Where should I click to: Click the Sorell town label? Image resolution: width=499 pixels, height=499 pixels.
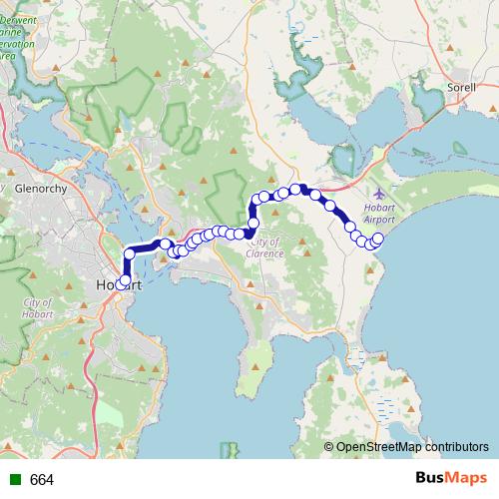462,88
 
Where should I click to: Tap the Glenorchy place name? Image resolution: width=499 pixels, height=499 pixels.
40,187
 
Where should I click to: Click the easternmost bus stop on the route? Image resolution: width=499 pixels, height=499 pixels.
377,238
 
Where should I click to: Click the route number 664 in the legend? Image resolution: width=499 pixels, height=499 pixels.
42,480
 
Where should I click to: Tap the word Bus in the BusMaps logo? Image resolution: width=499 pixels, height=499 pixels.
433,479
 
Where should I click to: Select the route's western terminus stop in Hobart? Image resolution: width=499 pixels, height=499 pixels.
122,283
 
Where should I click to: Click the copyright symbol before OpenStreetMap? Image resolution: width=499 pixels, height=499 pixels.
328,446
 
